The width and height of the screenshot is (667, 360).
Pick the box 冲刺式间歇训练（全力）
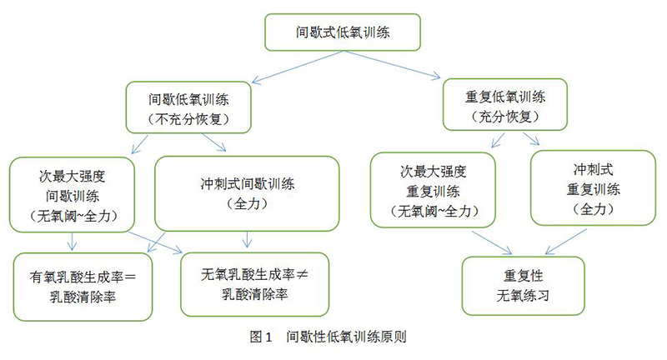pos(248,193)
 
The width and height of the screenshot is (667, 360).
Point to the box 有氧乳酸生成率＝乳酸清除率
pos(82,286)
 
